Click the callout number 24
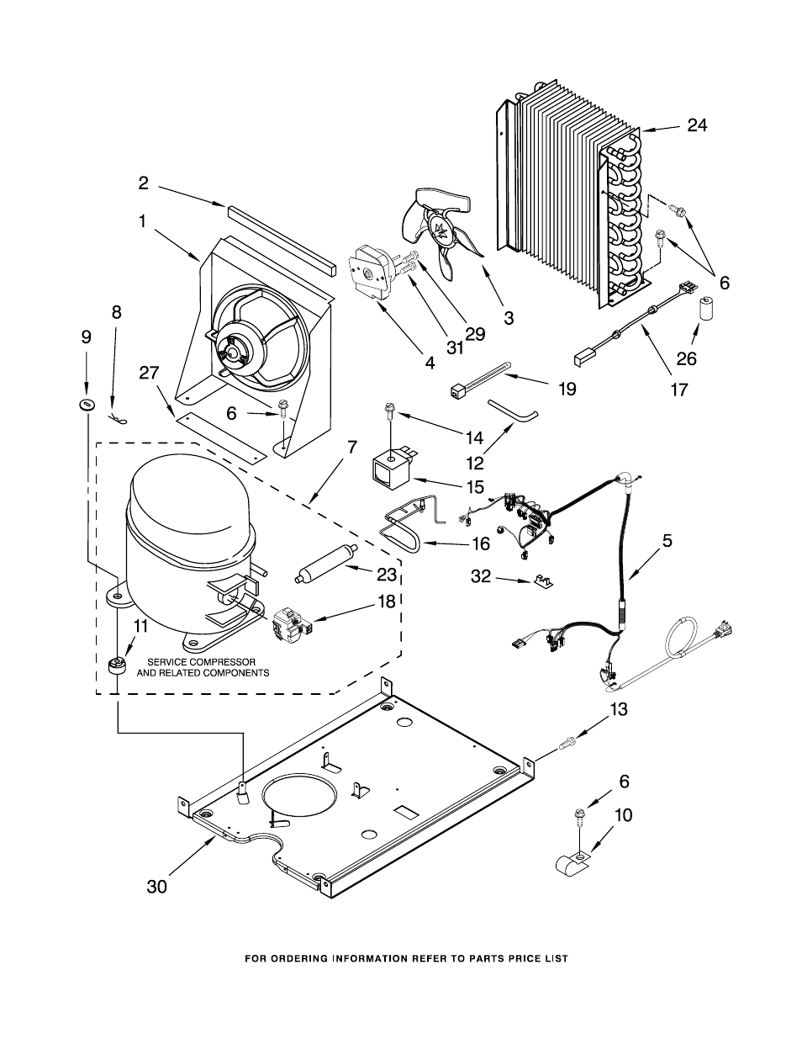(697, 125)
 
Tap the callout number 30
(156, 886)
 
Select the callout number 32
(481, 576)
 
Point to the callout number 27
(149, 373)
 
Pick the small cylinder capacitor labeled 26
(702, 309)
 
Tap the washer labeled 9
(87, 405)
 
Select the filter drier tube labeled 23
(326, 564)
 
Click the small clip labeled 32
(541, 581)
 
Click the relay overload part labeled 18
(291, 623)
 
